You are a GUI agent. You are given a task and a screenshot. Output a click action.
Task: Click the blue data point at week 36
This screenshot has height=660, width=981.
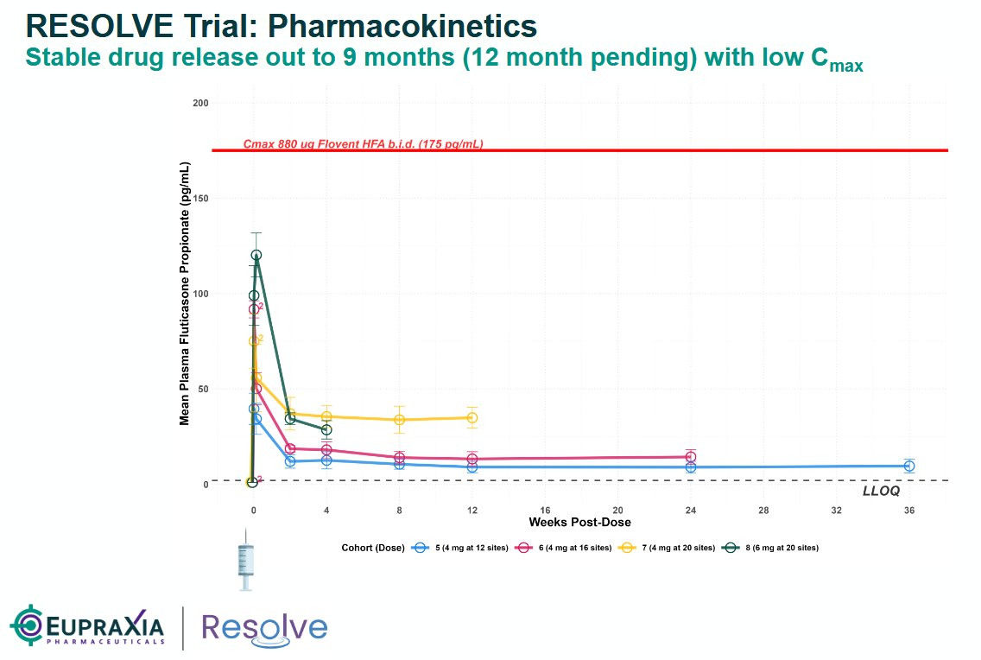tap(908, 466)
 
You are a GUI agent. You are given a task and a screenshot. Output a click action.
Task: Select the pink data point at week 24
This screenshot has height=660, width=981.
tap(690, 457)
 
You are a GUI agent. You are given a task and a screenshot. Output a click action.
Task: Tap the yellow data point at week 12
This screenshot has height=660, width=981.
tap(472, 417)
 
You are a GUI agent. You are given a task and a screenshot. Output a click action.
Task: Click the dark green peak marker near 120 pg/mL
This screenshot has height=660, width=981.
tap(256, 255)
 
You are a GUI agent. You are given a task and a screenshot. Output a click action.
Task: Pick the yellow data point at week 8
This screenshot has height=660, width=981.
tap(399, 420)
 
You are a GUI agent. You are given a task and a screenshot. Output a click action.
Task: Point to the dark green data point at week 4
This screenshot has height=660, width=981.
tap(326, 429)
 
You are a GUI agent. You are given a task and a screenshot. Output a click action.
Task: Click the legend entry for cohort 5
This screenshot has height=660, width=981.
tap(466, 548)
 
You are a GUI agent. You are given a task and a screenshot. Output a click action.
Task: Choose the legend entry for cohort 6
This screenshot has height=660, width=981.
tap(566, 548)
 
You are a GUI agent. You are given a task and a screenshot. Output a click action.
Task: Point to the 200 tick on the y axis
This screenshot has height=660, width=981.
tap(200, 104)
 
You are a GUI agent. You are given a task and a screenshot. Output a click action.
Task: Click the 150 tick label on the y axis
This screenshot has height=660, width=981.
tap(200, 199)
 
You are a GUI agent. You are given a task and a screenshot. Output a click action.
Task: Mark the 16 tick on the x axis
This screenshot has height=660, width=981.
tap(544, 511)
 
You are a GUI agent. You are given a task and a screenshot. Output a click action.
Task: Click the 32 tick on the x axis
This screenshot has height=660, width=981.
tap(836, 511)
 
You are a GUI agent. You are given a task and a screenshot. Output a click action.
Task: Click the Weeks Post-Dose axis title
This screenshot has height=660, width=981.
tap(579, 523)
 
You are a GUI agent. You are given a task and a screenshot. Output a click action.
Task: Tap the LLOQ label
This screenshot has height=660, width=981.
tap(881, 491)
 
